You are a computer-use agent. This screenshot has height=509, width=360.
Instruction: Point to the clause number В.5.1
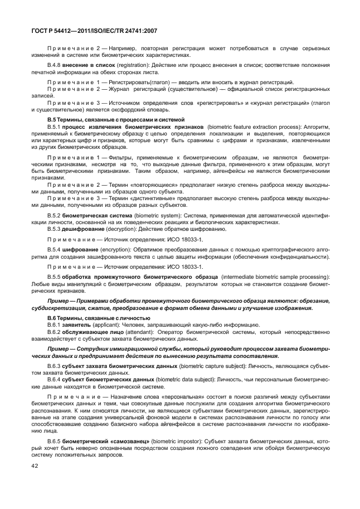pyautogui.click(x=55, y=127)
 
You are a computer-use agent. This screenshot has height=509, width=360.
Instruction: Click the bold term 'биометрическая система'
pyautogui.click(x=101, y=215)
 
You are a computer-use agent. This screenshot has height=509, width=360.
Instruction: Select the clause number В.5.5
pyautogui.click(x=55, y=277)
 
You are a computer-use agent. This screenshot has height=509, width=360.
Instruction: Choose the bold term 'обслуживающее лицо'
pyautogui.click(x=93, y=332)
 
